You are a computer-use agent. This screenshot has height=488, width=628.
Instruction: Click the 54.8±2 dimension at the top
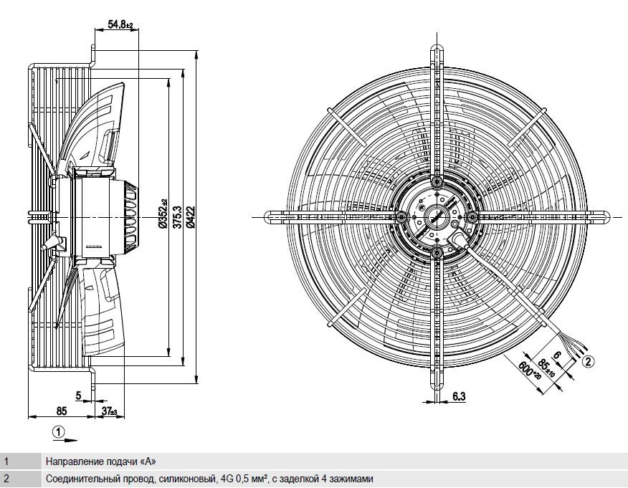120,24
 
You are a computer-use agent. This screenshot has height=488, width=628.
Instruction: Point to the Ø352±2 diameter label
163,214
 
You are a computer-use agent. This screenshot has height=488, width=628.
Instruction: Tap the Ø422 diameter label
191,216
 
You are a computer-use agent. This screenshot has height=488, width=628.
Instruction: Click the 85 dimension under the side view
61,411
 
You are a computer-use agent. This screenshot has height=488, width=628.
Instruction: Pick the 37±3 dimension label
110,411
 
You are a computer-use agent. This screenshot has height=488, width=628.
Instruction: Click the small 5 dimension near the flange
79,396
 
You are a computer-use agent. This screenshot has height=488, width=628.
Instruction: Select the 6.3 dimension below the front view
460,396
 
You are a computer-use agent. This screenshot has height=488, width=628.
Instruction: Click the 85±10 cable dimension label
546,367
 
